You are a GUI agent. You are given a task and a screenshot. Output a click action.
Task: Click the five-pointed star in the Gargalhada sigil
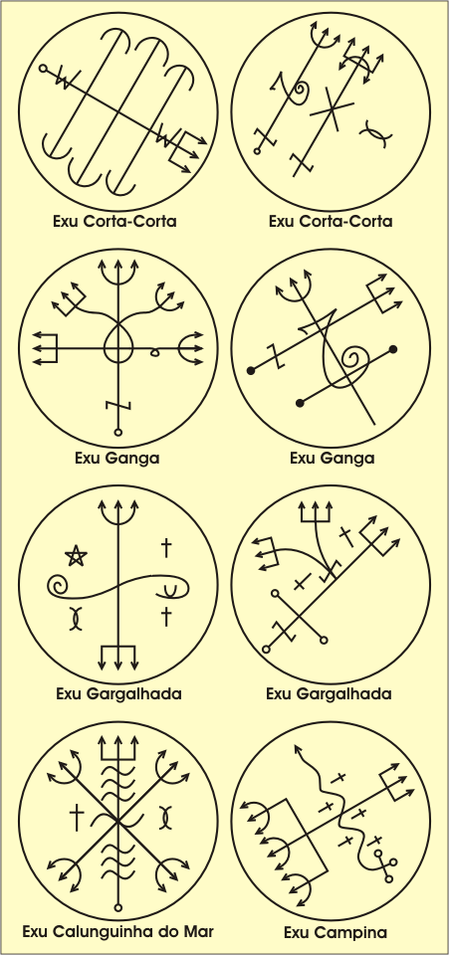pyautogui.click(x=76, y=555)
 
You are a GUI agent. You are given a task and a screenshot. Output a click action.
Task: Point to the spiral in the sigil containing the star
pyautogui.click(x=59, y=587)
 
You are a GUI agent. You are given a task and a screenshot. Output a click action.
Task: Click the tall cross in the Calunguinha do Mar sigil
pyautogui.click(x=77, y=818)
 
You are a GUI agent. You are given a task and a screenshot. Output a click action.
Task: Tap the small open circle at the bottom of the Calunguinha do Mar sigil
pyautogui.click(x=118, y=908)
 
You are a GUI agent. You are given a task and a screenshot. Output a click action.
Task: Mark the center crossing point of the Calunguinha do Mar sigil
pyautogui.click(x=118, y=823)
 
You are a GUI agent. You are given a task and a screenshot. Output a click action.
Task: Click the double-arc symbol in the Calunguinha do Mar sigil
pyautogui.click(x=164, y=817)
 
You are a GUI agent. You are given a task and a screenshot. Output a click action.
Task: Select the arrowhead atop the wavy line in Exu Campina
pyautogui.click(x=298, y=749)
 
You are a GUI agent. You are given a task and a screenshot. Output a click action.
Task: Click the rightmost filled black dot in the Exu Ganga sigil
pyautogui.click(x=393, y=349)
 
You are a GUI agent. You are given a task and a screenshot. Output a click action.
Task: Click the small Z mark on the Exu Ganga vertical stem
pyautogui.click(x=118, y=405)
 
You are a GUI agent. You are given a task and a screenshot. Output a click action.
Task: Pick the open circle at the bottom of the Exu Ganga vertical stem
pyautogui.click(x=118, y=433)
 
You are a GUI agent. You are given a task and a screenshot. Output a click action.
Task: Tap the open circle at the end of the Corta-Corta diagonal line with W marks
pyautogui.click(x=43, y=69)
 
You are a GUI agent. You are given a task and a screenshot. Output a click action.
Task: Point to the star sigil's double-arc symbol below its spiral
pyautogui.click(x=75, y=618)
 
